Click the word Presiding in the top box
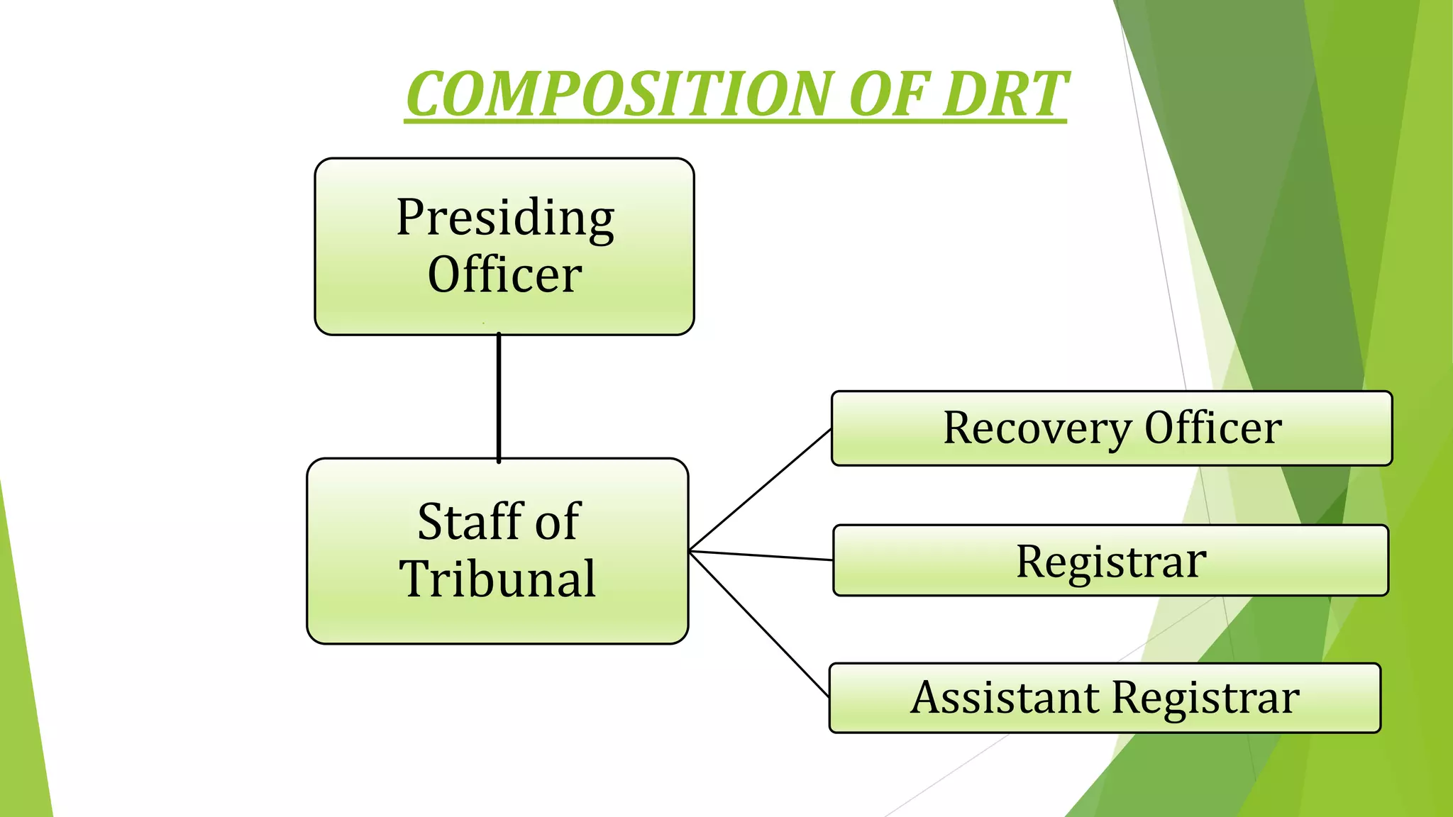point(504,218)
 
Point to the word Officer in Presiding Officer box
point(504,275)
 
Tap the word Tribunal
point(497,579)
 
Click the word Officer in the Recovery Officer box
point(1212,428)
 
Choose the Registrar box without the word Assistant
point(1110,561)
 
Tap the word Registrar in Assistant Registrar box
point(1205,698)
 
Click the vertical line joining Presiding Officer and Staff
point(499,397)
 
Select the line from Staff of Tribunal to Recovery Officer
point(760,489)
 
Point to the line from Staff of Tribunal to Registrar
point(761,555)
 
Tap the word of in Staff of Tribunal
point(558,522)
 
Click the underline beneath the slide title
point(735,122)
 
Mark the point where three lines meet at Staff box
point(690,550)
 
